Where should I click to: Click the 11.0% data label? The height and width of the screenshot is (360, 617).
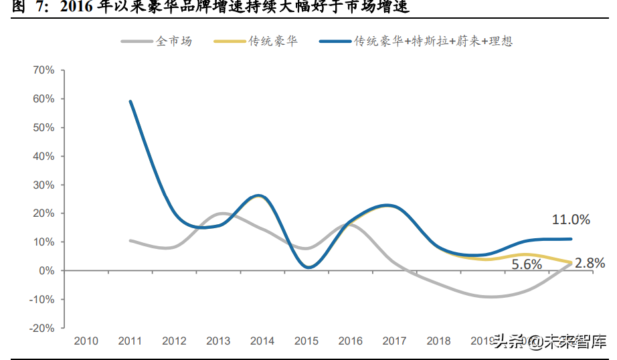point(570,219)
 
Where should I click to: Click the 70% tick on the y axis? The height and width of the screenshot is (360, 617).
point(43,70)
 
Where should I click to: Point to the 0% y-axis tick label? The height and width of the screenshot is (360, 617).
point(46,271)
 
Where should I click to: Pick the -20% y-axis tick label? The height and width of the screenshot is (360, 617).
point(41,329)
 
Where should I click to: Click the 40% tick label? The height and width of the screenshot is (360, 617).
point(43,157)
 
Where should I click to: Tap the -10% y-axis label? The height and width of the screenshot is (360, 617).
point(41,300)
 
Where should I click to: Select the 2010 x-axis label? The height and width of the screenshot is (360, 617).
point(86,341)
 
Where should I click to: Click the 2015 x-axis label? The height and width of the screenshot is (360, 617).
point(306,341)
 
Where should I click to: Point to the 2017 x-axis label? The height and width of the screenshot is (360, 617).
point(394,341)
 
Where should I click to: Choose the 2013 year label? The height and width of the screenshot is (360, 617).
point(218,341)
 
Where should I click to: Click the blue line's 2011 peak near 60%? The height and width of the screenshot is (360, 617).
point(130,102)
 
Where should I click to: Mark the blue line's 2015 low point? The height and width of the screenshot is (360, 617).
point(306,268)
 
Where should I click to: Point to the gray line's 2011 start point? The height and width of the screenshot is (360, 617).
point(130,241)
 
